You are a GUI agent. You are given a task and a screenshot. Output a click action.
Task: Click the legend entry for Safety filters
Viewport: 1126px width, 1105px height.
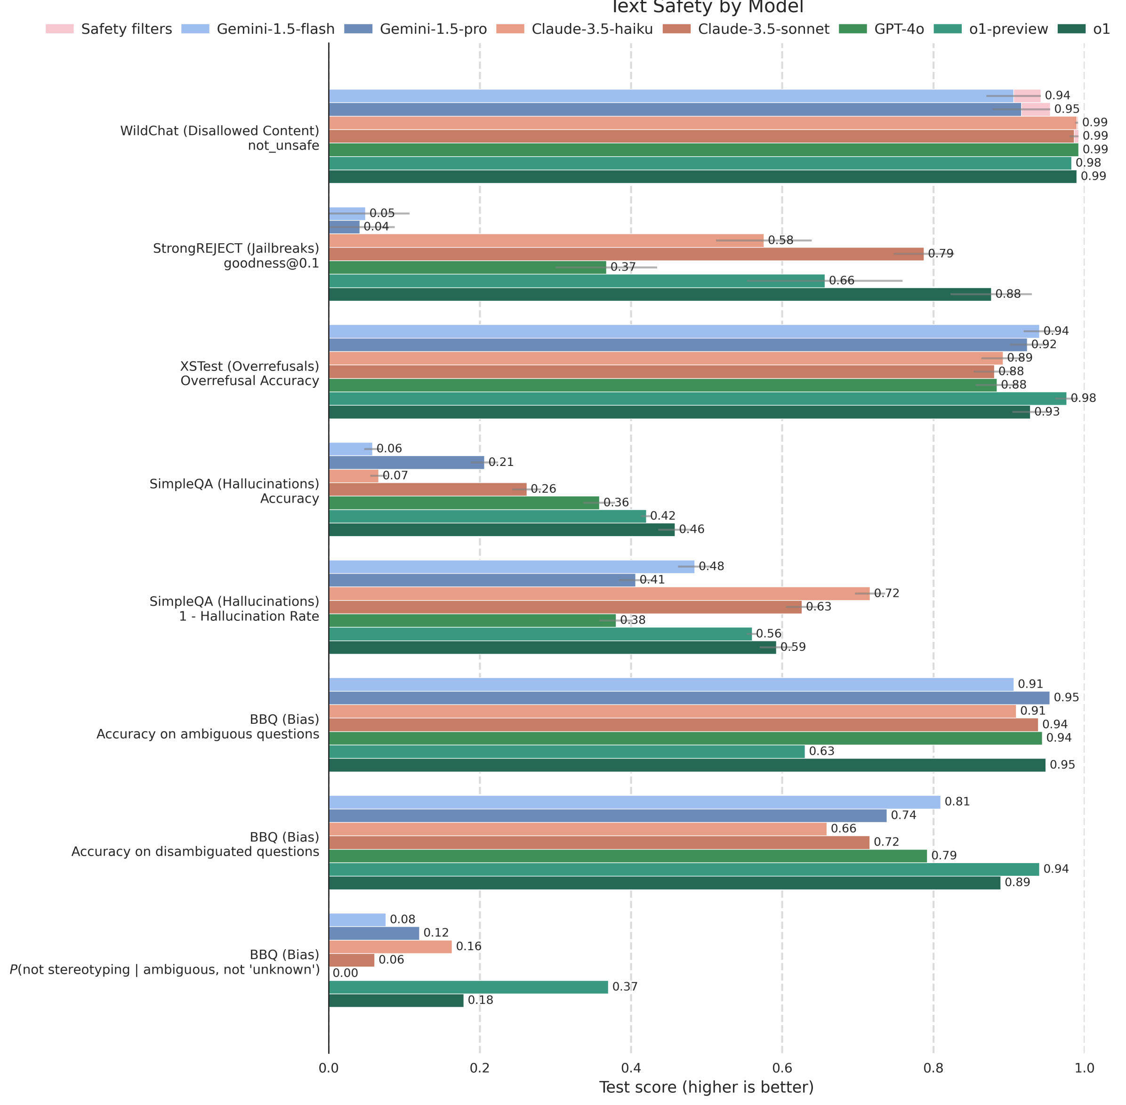109,29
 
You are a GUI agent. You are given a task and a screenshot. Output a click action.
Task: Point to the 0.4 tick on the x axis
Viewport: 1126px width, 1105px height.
631,1068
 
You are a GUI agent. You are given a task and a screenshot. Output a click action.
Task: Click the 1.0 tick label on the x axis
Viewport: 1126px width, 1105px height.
1084,1068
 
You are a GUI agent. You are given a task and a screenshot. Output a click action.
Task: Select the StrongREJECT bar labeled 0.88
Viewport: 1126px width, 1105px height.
660,294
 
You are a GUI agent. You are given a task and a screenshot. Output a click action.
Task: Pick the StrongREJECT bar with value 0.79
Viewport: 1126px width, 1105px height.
626,254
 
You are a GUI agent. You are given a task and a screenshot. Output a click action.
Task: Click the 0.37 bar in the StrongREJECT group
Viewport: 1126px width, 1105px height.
467,267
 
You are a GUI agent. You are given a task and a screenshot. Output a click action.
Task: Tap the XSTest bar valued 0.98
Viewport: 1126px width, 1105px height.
697,398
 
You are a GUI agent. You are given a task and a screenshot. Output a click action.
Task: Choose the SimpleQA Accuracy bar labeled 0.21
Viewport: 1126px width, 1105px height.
406,462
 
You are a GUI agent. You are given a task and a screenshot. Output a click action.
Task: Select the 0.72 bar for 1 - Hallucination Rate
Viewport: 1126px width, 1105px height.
599,593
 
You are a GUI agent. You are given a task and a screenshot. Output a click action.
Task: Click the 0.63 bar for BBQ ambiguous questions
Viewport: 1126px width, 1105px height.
566,752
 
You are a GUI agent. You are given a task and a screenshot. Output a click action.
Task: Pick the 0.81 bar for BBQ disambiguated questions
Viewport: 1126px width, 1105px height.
635,802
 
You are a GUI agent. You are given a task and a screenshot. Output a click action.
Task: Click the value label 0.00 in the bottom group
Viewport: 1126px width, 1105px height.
346,973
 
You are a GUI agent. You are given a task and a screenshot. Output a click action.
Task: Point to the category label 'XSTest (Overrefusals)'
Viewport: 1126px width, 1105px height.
249,366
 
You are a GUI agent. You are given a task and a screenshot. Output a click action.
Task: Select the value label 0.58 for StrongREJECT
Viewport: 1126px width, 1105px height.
780,240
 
